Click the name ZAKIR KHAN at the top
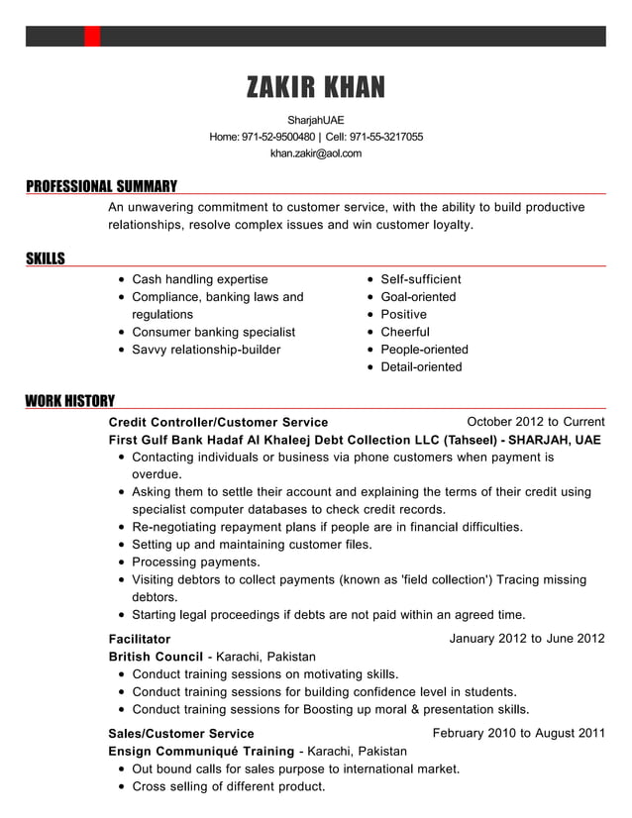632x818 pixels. coord(315,88)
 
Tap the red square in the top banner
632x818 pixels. coord(92,37)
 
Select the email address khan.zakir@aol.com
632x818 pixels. coord(315,153)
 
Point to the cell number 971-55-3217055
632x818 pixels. coord(385,137)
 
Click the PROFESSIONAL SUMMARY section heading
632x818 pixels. coord(101,185)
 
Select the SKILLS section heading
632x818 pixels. coord(45,258)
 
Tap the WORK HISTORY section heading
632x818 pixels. coord(69,400)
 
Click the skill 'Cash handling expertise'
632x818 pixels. coord(199,279)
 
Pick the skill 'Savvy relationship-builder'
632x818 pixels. coord(206,350)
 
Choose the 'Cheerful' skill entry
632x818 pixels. coord(405,332)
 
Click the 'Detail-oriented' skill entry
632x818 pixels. coord(421,367)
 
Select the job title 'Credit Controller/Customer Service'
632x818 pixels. coord(218,422)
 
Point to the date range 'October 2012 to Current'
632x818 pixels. coord(535,421)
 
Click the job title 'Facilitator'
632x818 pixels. coord(139,639)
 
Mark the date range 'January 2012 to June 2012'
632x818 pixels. coord(526,638)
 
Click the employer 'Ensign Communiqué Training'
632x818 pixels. coord(201,752)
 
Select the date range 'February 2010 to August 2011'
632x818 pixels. coord(518,733)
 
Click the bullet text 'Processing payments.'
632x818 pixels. coord(196,562)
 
